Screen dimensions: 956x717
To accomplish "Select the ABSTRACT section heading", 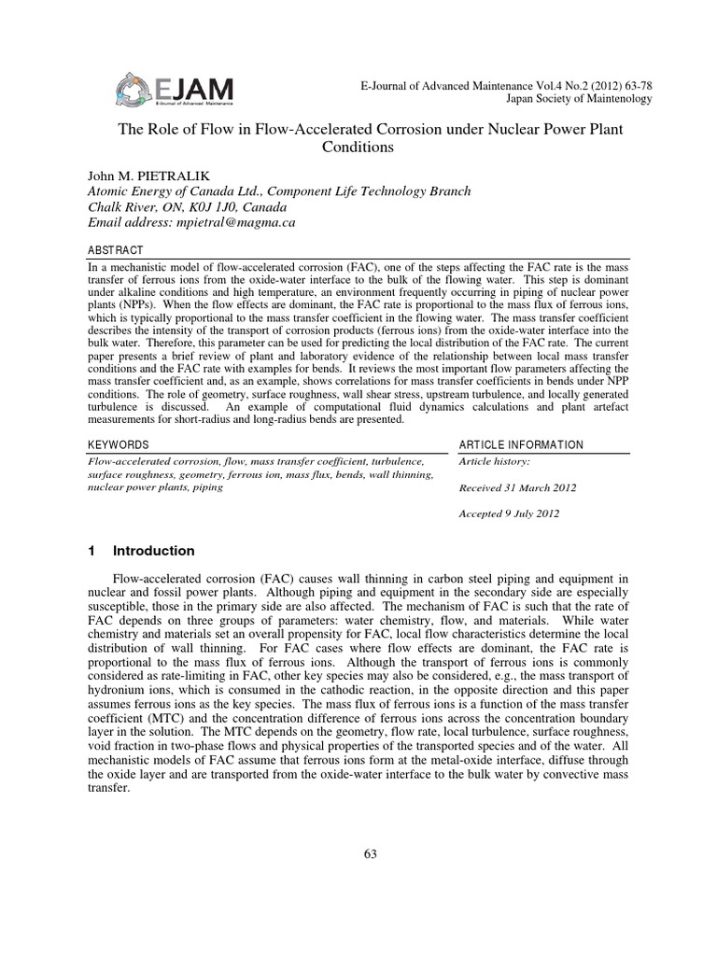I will (x=116, y=251).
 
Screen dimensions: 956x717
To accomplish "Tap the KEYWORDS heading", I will (x=118, y=444).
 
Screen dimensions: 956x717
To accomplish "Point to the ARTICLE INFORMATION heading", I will (x=522, y=444).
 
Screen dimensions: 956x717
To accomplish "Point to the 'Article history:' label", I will (x=495, y=461).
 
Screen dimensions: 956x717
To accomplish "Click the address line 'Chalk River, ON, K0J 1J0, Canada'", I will (x=187, y=206).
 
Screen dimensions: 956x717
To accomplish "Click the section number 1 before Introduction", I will (x=91, y=551).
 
